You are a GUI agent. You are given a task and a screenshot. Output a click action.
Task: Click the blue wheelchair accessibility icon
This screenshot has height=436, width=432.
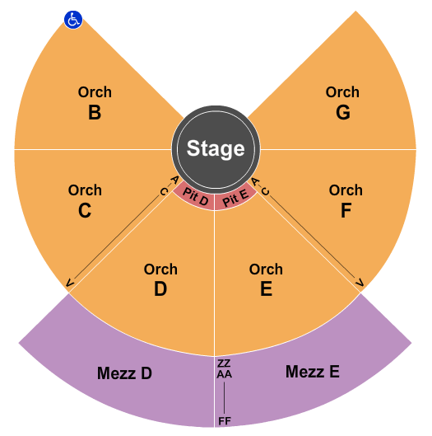(x=73, y=20)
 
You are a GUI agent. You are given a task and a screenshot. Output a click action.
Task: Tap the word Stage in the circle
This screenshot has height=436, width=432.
(x=216, y=148)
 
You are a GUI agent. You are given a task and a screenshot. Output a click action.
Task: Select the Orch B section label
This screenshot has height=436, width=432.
(x=95, y=102)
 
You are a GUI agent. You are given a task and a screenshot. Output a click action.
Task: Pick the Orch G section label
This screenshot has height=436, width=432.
(x=342, y=102)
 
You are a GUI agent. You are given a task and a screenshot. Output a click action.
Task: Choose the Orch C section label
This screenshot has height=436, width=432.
(x=85, y=200)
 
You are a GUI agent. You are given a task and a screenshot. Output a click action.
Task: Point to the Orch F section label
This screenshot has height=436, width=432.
(x=346, y=200)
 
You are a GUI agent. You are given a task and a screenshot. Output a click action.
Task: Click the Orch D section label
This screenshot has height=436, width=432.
(x=160, y=279)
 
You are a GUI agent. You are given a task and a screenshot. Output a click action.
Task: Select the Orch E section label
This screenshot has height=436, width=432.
(x=266, y=279)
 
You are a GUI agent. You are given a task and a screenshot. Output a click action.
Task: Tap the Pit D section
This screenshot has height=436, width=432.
(x=195, y=196)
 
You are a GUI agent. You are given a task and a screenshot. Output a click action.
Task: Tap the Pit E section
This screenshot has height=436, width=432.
(x=235, y=196)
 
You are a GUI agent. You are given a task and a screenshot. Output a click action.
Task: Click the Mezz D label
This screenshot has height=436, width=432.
(x=124, y=373)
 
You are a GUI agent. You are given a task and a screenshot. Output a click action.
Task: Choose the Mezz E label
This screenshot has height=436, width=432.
(x=313, y=372)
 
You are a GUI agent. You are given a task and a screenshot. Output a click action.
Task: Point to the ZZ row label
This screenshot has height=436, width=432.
(x=224, y=363)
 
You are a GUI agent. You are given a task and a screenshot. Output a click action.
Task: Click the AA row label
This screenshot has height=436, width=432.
(x=225, y=374)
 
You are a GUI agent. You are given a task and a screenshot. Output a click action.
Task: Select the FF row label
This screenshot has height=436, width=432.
(x=225, y=421)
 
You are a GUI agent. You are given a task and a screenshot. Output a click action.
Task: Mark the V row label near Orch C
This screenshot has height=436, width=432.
(x=70, y=283)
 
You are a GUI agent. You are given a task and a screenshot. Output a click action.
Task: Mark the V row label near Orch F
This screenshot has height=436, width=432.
(x=360, y=283)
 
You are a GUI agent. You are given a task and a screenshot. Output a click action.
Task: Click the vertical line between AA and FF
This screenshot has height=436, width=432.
(x=225, y=398)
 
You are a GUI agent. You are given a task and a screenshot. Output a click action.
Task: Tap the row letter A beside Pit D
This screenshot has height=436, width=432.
(x=174, y=180)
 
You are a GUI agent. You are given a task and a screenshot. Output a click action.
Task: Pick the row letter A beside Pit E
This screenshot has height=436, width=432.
(x=255, y=182)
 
